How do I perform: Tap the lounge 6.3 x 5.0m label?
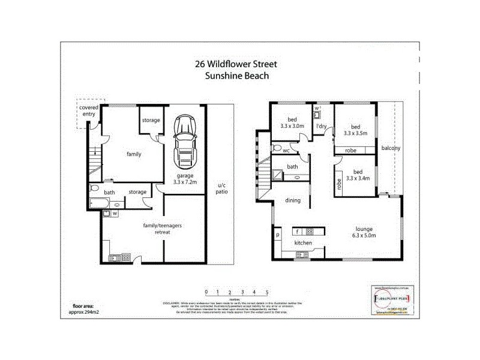coord(364,232)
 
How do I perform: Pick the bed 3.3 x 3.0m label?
coord(292,123)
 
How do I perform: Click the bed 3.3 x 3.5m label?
coord(355,130)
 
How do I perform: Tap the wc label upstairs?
coord(287,151)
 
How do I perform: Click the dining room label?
coord(292,200)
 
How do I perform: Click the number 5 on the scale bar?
coord(266,292)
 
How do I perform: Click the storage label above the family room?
coord(151,120)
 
